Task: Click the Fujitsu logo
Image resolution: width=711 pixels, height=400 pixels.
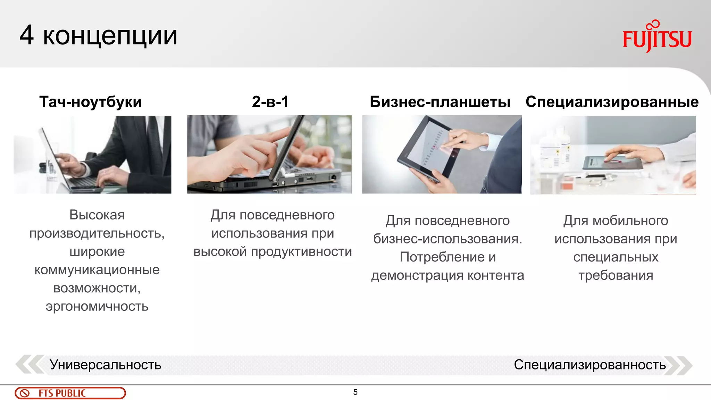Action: click(x=657, y=37)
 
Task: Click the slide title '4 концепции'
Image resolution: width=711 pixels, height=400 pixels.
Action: click(x=99, y=35)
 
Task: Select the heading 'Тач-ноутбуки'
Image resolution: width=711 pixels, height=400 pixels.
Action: click(x=91, y=102)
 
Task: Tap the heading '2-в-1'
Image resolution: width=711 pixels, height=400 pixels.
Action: click(x=270, y=102)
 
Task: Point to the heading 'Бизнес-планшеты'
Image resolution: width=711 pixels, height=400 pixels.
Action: click(x=440, y=102)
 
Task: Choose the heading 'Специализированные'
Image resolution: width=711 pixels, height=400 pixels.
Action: click(x=612, y=102)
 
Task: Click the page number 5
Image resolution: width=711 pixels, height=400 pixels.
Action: click(x=355, y=392)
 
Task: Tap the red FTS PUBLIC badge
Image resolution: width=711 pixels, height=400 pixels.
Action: click(x=70, y=393)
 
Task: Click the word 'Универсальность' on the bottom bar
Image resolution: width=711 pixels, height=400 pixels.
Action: click(x=106, y=365)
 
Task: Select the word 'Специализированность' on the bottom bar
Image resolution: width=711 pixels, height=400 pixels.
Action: click(x=590, y=365)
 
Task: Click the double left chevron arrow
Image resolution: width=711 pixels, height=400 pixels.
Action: click(x=30, y=365)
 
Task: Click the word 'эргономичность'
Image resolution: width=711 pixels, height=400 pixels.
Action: click(x=97, y=306)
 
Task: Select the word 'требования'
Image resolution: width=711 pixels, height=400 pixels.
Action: click(x=616, y=275)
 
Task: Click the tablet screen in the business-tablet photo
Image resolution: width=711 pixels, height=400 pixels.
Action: click(x=430, y=146)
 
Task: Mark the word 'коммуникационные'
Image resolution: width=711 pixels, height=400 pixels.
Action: click(x=97, y=270)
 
